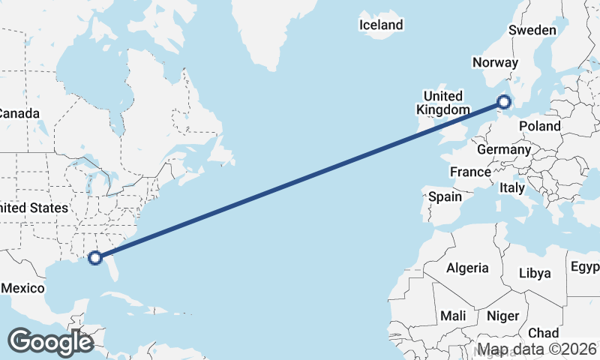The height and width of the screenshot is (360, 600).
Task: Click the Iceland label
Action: [x=381, y=25]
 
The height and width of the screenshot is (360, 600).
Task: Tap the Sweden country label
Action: [x=532, y=30]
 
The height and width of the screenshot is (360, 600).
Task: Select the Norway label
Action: [x=495, y=63]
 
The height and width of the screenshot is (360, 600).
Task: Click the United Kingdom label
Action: [x=443, y=103]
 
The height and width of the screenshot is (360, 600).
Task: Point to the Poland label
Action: [x=539, y=126]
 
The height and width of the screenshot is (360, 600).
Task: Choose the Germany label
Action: [x=503, y=149]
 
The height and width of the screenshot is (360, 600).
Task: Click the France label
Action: [x=470, y=172]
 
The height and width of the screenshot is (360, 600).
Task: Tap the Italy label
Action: [x=512, y=187]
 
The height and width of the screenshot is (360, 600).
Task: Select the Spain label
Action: [x=444, y=196]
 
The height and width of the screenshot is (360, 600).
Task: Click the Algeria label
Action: [x=467, y=268]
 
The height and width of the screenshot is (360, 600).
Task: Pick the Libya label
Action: [x=535, y=272]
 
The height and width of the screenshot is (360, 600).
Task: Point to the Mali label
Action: [x=453, y=315]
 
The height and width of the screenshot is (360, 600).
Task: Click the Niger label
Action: [x=502, y=316]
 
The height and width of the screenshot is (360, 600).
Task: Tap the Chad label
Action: [x=543, y=332]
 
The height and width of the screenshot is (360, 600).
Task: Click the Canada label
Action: [x=18, y=113]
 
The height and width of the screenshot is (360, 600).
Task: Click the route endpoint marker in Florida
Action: [x=95, y=258]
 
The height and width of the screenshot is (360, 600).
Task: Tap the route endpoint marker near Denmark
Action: [x=504, y=101]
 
